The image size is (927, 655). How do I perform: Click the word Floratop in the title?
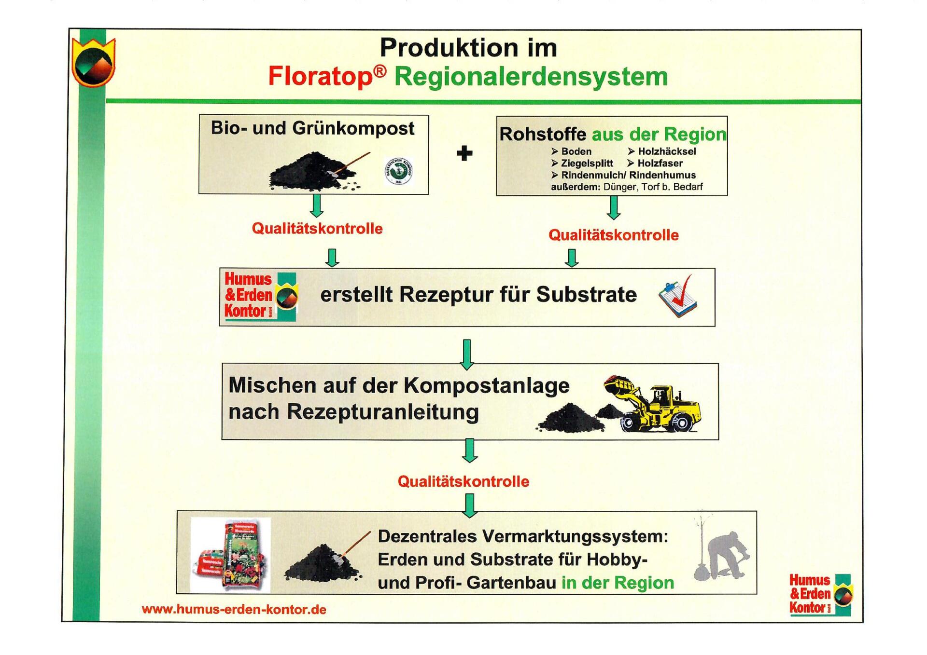click(x=320, y=76)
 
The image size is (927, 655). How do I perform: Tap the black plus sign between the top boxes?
click(x=464, y=153)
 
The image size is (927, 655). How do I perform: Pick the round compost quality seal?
click(x=398, y=171)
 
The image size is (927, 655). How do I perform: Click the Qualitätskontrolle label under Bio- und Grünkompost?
click(x=317, y=228)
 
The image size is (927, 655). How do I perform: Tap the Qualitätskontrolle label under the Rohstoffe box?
click(x=613, y=235)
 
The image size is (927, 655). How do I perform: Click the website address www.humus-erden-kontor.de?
click(x=234, y=609)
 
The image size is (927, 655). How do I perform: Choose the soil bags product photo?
click(x=231, y=555)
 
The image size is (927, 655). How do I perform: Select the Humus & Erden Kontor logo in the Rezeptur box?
click(x=260, y=296)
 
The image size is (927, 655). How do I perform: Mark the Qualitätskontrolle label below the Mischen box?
click(x=463, y=481)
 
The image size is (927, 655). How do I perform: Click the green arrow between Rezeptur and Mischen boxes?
click(x=467, y=354)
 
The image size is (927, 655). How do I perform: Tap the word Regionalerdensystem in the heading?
click(x=531, y=76)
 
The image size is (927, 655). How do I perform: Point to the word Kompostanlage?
click(x=486, y=385)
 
